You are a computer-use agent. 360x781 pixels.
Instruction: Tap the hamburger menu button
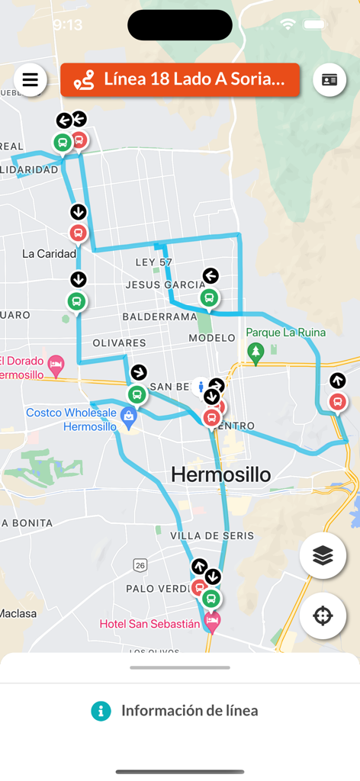(x=31, y=80)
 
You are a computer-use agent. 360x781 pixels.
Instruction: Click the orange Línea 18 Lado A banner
(x=180, y=79)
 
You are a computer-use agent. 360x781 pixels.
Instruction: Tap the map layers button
(x=323, y=556)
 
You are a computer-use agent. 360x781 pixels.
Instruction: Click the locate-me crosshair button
(x=323, y=615)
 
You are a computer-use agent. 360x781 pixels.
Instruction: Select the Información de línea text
(x=189, y=711)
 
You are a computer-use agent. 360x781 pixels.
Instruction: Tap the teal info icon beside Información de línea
(x=101, y=711)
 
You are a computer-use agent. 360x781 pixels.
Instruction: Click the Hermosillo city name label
(x=220, y=474)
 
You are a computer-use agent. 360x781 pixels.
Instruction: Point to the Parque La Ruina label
(x=285, y=333)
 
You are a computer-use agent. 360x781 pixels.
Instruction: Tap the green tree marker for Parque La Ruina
(x=256, y=352)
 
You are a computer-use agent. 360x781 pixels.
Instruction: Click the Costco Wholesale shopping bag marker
(x=129, y=416)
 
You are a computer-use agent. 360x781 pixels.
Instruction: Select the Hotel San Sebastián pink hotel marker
(x=213, y=622)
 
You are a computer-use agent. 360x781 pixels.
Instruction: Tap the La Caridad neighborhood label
(x=49, y=253)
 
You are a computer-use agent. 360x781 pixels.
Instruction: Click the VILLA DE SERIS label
(x=211, y=536)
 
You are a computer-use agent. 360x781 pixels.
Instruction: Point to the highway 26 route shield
(x=140, y=565)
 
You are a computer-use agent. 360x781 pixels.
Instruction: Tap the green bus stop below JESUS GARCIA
(x=209, y=297)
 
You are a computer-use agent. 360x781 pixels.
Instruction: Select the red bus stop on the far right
(x=337, y=401)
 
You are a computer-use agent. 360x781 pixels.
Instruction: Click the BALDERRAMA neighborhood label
(x=159, y=316)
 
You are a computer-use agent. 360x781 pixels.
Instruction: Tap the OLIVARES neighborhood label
(x=119, y=343)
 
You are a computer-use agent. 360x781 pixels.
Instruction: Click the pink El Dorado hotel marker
(x=55, y=364)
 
